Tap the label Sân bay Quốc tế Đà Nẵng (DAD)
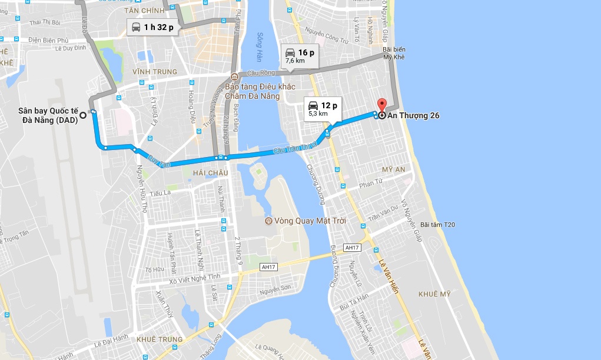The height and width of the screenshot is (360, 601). [47, 115]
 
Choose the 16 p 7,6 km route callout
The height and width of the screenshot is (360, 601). [299, 55]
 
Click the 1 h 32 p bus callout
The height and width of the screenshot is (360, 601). [151, 27]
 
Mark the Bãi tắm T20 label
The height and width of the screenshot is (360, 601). [437, 225]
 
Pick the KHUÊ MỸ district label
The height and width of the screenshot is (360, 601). [434, 294]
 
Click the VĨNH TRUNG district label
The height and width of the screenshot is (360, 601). [154, 72]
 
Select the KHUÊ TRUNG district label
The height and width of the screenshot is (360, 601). [159, 339]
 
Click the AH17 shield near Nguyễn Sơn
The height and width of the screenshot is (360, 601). [268, 267]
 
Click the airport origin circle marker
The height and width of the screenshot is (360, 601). [83, 115]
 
